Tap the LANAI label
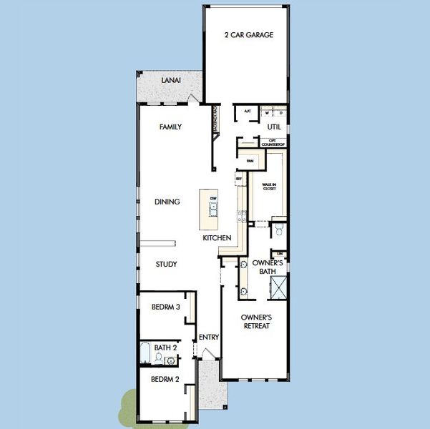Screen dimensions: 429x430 (x=170, y=81)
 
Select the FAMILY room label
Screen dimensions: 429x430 (x=170, y=127)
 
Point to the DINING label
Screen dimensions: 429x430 (x=167, y=202)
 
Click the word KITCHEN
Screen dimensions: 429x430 (x=216, y=237)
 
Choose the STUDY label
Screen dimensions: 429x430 (x=166, y=265)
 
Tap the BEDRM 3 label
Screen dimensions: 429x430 (x=165, y=307)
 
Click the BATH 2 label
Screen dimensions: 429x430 (x=165, y=347)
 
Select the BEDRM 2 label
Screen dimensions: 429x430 (x=165, y=380)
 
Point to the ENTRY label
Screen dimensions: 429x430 (x=209, y=337)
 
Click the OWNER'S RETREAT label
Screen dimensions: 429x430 (x=255, y=321)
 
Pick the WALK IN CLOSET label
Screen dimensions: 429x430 (x=269, y=187)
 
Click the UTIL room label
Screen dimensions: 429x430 (x=274, y=127)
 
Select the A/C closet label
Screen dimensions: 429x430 (x=248, y=112)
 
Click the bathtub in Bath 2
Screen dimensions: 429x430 (x=145, y=353)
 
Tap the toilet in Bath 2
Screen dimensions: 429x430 (x=158, y=357)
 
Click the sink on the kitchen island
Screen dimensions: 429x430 (x=213, y=208)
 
